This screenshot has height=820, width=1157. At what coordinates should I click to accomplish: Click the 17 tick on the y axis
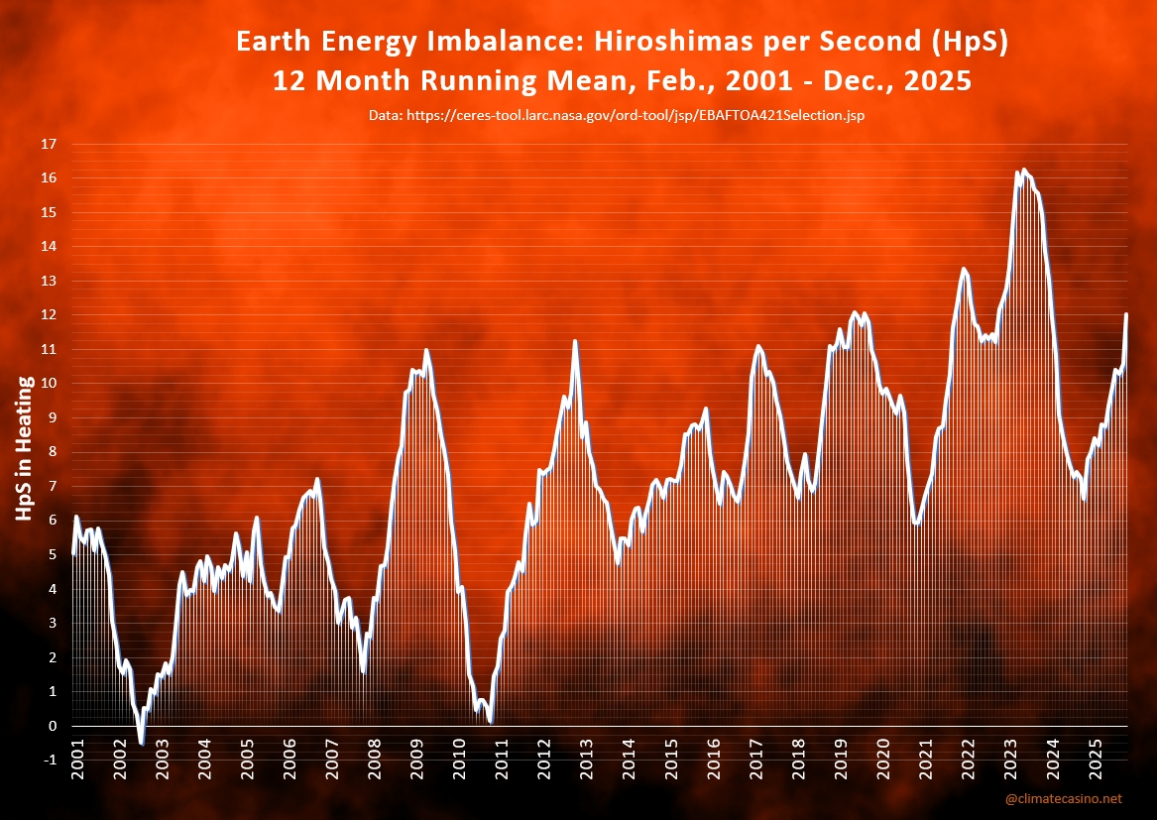48,144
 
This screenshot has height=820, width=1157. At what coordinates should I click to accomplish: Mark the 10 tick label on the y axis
48,384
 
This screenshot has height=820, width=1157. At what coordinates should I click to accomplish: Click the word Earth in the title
274,43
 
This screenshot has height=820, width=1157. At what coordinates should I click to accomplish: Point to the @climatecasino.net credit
1063,798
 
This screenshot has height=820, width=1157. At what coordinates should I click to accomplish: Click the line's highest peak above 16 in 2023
1024,170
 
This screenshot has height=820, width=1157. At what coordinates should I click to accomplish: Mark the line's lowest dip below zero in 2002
141,743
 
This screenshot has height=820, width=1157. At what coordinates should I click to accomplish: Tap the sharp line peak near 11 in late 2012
575,341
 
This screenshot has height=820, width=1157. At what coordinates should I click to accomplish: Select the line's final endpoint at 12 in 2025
1126,314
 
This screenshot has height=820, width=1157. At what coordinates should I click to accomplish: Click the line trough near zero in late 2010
491,722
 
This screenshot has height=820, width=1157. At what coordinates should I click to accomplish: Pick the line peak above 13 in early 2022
963,268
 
